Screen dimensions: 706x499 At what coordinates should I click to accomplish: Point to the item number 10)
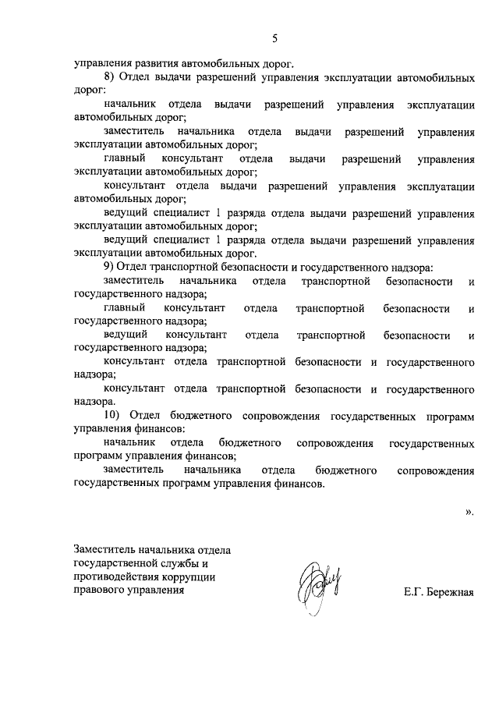point(113,415)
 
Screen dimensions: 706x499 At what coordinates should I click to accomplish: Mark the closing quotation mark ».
point(469,512)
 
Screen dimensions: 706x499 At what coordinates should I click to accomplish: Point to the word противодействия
point(111,576)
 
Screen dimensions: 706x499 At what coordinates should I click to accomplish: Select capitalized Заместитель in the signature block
point(104,549)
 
